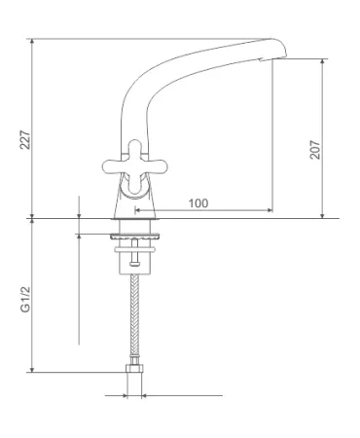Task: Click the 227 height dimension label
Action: click(25, 140)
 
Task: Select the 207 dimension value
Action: click(315, 150)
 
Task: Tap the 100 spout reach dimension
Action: click(198, 203)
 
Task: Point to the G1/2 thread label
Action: click(25, 300)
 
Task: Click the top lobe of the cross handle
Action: click(135, 148)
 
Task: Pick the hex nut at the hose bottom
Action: click(134, 368)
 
